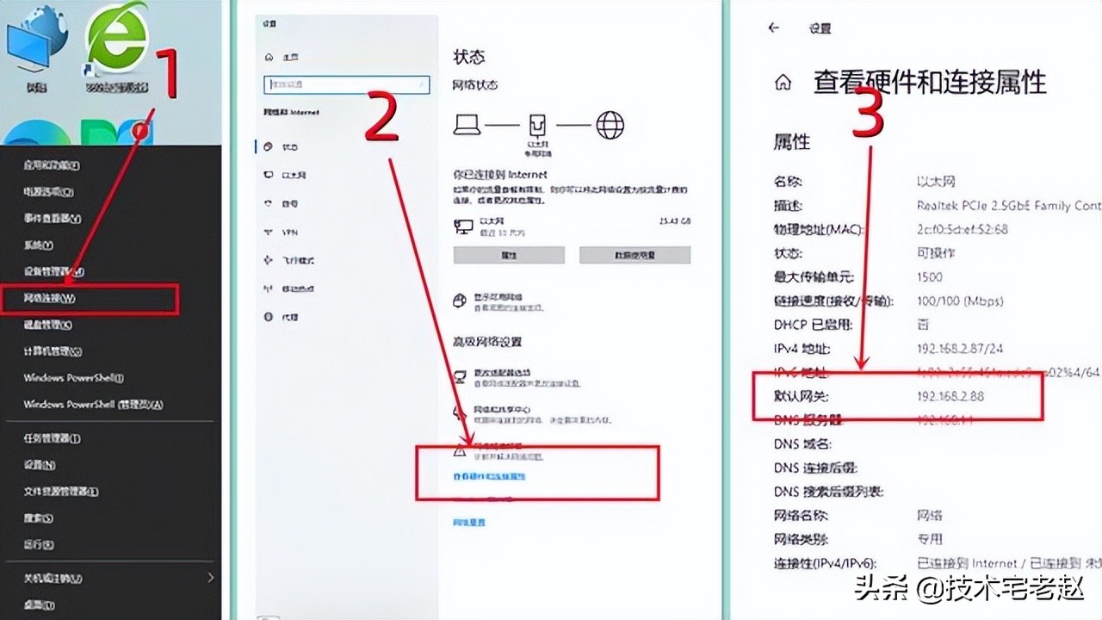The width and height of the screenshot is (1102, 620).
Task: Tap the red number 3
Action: tap(868, 114)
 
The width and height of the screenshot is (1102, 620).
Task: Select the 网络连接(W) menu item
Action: tap(49, 299)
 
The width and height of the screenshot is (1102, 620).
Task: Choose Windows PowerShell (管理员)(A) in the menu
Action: tap(93, 404)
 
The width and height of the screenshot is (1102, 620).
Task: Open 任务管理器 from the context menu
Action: tap(52, 438)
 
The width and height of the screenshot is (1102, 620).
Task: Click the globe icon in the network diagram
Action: tap(610, 126)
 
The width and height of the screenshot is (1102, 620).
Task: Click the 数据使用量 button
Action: tap(635, 255)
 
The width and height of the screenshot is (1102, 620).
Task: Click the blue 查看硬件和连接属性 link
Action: tap(489, 476)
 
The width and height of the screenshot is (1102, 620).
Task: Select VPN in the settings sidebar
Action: tap(289, 232)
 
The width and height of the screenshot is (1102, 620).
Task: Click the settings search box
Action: tap(346, 84)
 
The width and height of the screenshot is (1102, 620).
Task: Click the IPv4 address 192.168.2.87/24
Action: tap(960, 349)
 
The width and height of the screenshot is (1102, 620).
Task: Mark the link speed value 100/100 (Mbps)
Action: tap(960, 301)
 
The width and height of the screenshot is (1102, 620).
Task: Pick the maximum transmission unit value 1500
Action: tap(930, 277)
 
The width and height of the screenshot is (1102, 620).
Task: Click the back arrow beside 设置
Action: tap(773, 28)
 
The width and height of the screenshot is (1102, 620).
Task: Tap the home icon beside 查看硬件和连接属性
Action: tap(783, 83)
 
